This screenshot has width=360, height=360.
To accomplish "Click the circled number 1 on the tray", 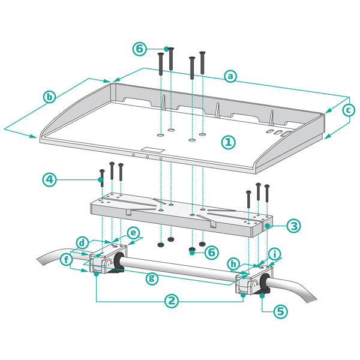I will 228,142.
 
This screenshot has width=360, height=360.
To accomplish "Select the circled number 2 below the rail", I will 172,301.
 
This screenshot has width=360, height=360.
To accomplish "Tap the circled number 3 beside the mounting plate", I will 293,226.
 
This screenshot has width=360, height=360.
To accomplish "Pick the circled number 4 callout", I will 51,179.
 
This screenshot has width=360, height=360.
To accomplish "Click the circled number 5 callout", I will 281,312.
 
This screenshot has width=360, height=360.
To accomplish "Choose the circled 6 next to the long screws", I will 139,49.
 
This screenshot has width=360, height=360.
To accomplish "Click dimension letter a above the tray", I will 230,76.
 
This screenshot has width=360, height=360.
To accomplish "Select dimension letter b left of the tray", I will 50,97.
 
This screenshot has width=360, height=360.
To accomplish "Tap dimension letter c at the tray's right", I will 347,110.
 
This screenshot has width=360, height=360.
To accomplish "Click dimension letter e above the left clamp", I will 133,232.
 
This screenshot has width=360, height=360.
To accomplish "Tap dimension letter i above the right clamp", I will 275,254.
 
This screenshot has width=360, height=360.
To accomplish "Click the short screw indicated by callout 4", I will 101,176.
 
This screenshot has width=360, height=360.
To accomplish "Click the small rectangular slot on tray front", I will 152,150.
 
